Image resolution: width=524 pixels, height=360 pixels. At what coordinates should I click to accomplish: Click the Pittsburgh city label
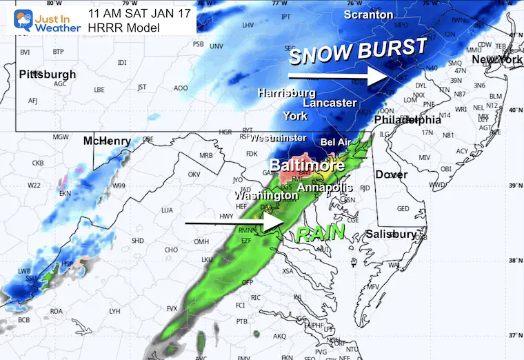[x=48, y=74]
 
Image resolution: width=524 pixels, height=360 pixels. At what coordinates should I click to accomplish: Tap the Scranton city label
[x=368, y=14]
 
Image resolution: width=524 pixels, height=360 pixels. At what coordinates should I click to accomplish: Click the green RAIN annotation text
[x=321, y=233]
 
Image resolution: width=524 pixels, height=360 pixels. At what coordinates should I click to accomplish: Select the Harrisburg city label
[x=287, y=92]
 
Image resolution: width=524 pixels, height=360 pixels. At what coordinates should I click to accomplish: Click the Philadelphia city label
[x=406, y=119]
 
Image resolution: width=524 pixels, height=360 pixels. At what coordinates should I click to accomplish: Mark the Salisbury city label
[x=391, y=234]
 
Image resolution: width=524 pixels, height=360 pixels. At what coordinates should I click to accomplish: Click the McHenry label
[x=107, y=141]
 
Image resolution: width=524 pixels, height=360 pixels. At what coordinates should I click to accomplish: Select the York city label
[x=294, y=115]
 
